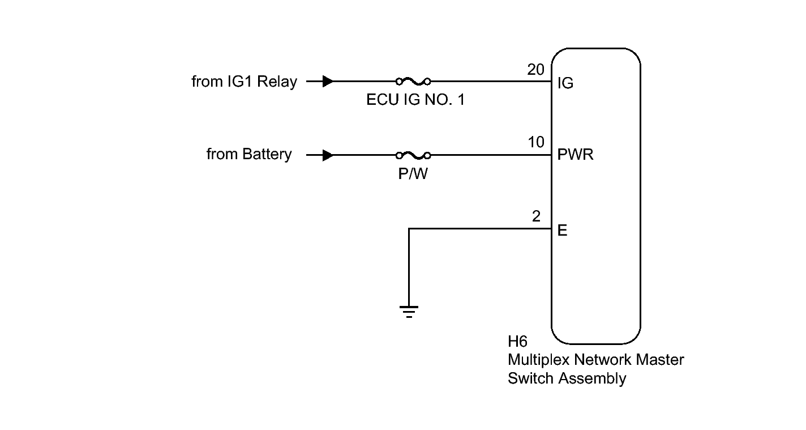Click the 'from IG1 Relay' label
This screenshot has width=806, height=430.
[x=245, y=82]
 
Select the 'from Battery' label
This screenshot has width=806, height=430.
[x=249, y=155]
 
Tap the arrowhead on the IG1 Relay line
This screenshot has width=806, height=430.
[x=328, y=82]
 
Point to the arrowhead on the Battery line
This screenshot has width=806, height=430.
[x=328, y=155]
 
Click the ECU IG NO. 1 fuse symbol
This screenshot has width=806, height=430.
[x=413, y=82]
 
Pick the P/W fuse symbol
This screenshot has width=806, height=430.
[x=413, y=156]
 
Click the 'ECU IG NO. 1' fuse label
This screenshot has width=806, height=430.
[x=415, y=100]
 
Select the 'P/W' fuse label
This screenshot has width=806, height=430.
[x=413, y=173]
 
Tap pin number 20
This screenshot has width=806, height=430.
[x=536, y=70]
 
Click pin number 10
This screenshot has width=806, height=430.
[x=536, y=142]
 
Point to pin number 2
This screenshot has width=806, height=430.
[x=536, y=216]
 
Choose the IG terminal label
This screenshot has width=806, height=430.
[x=565, y=83]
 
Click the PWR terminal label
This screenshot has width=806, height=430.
[x=576, y=155]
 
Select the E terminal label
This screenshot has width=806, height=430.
[x=563, y=231]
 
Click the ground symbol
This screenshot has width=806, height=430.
[x=409, y=312]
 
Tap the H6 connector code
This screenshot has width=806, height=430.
[x=517, y=342]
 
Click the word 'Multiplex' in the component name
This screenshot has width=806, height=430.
[x=539, y=360]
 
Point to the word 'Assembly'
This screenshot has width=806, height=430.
[x=592, y=379]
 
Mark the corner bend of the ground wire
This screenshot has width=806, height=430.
[x=409, y=229]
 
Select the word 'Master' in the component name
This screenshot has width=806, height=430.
[x=659, y=360]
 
